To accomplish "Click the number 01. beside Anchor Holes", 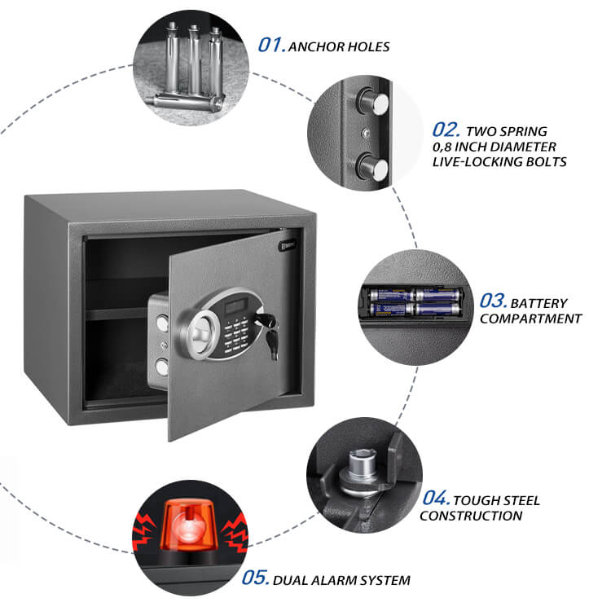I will coord(272,45).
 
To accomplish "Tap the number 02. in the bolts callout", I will coord(446,130).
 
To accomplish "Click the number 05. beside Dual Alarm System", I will coord(256,578).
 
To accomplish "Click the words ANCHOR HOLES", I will coord(341,46).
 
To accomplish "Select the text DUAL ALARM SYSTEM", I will coord(342,580).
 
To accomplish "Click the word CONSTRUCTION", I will coord(471,516).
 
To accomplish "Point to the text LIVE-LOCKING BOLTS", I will coord(499,162).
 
